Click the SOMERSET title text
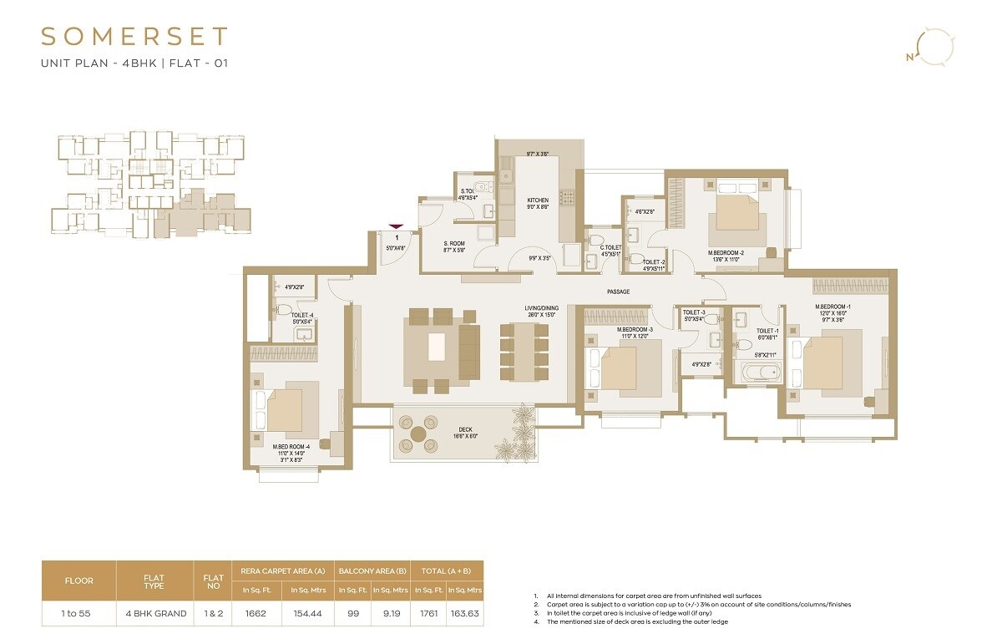click(134, 37)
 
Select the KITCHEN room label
click(537, 200)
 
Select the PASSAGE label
click(618, 292)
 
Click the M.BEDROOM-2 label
click(726, 252)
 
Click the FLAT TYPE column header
click(154, 581)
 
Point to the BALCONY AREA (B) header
click(372, 570)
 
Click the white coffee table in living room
click(437, 347)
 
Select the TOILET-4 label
click(301, 315)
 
